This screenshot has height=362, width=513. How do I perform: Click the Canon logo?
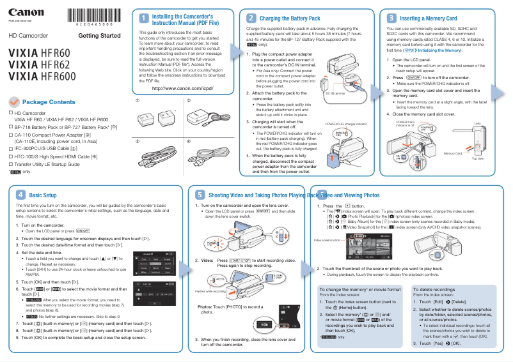tap(22, 13)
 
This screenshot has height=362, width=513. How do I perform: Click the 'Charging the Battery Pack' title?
tap(290, 19)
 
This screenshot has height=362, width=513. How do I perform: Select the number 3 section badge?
tap(391, 19)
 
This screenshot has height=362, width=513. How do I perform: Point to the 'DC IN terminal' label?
tap(335, 93)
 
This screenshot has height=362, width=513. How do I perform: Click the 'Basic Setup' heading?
tap(43, 195)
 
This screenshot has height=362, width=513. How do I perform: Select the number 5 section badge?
tap(201, 195)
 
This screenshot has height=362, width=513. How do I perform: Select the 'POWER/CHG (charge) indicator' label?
tap(347, 123)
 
